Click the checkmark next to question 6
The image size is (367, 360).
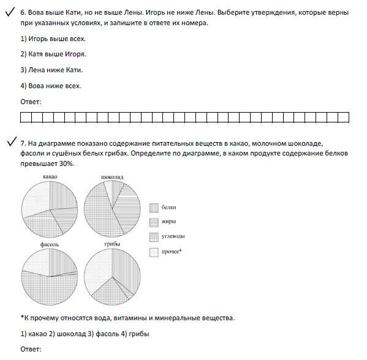tap(9, 12)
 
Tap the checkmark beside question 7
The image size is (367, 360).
tap(12, 141)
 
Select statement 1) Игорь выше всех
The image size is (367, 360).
tap(53, 39)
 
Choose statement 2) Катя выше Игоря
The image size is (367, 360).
tap(53, 54)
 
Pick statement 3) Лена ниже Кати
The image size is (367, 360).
tap(51, 70)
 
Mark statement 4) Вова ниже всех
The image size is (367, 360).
tap(51, 86)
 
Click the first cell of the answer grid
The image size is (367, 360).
tap(26, 117)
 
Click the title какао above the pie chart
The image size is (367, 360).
tap(50, 177)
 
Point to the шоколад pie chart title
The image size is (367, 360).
tap(112, 177)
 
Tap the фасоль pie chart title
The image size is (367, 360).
tap(50, 244)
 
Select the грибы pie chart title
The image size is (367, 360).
tap(112, 244)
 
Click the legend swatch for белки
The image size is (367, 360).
tap(154, 208)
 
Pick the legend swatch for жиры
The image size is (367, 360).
tap(154, 222)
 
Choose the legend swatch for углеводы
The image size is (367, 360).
tap(154, 237)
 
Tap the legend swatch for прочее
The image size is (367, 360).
tap(154, 252)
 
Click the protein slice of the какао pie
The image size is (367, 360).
tap(62, 197)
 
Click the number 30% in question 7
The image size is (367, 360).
tap(66, 163)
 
